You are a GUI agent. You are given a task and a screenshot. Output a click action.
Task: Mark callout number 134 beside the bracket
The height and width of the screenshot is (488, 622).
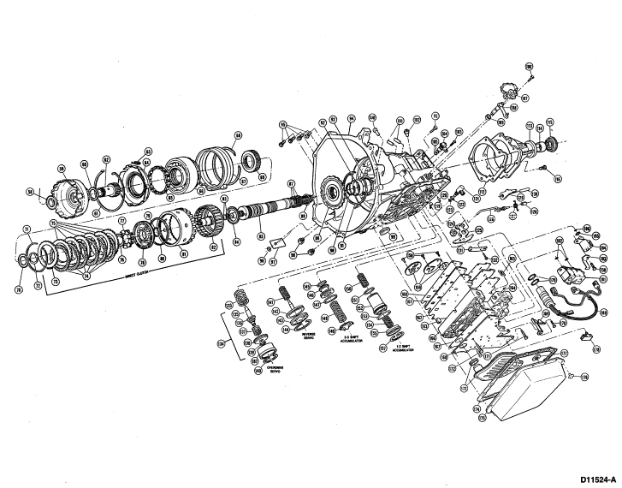coord(222,344)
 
